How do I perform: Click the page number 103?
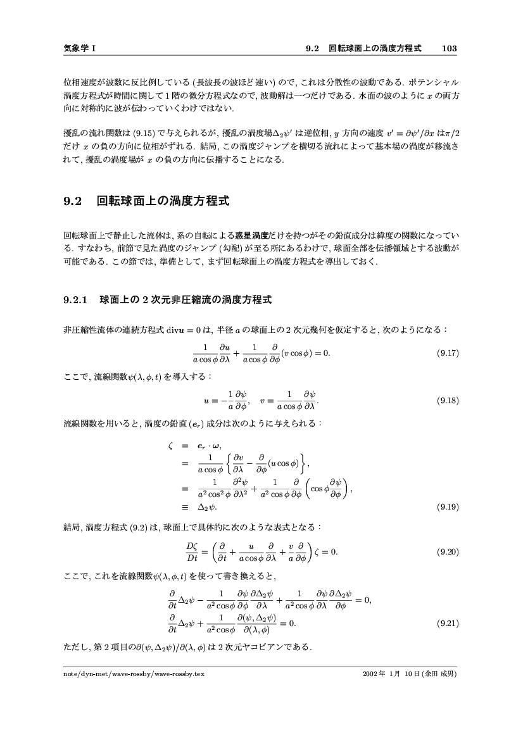click(x=450, y=48)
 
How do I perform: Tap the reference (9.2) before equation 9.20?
click(x=139, y=527)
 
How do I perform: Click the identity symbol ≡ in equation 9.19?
click(x=185, y=507)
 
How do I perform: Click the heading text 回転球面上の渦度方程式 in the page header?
click(x=375, y=48)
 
